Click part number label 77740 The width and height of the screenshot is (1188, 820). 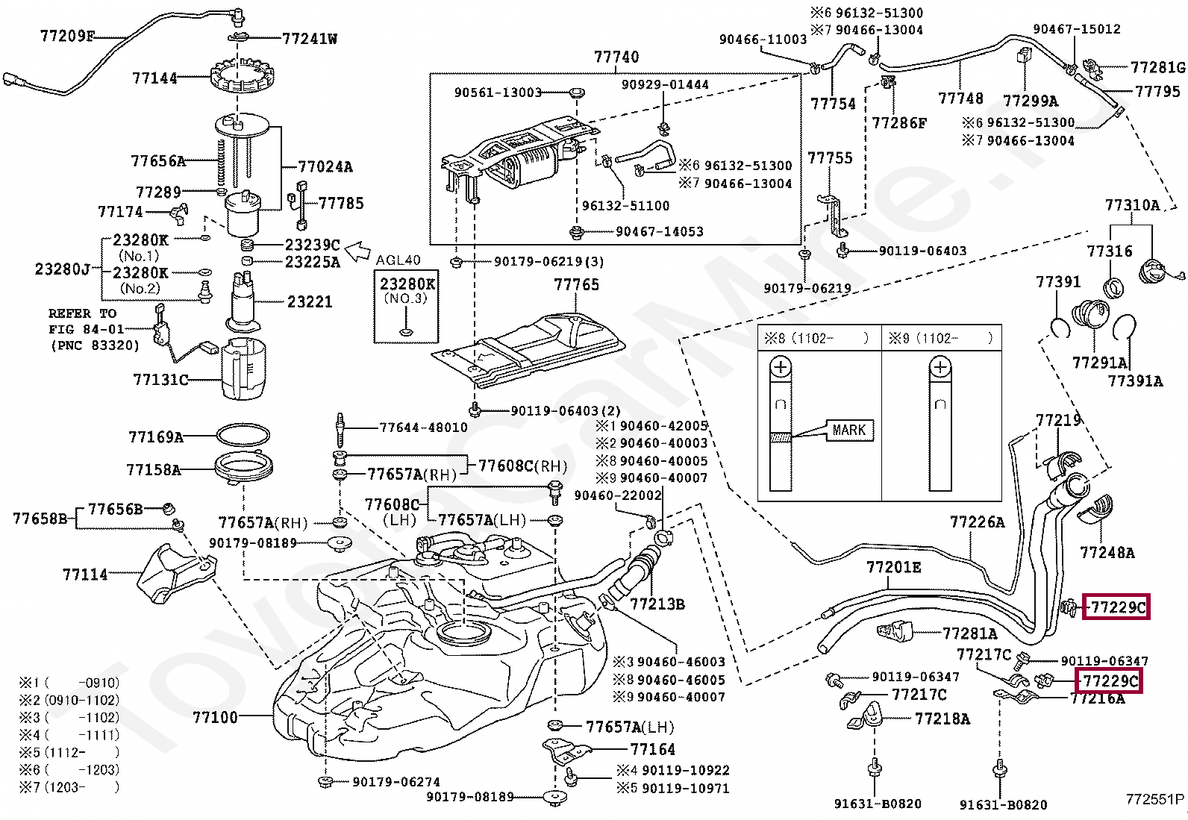coord(616,57)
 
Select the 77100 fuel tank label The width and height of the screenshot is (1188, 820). coord(215,717)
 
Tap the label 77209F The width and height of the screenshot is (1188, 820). coord(67,36)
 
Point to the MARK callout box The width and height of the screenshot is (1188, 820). coord(848,431)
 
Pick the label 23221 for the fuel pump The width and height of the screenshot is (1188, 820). coord(310,301)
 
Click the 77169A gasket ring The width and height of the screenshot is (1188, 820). coord(243,436)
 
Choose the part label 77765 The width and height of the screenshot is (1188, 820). coord(576,285)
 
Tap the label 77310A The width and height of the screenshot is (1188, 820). coord(1132,205)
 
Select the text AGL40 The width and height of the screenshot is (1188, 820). coord(398,261)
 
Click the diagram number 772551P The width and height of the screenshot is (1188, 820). coord(1155,800)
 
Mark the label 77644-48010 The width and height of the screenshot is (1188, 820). coord(423,428)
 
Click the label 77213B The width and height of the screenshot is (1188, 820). coord(657,604)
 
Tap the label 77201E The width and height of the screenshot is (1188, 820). coord(893,568)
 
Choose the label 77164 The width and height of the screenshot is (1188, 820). coord(652,749)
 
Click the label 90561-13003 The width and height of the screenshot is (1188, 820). coord(498,93)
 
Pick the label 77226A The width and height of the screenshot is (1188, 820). coord(977,522)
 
